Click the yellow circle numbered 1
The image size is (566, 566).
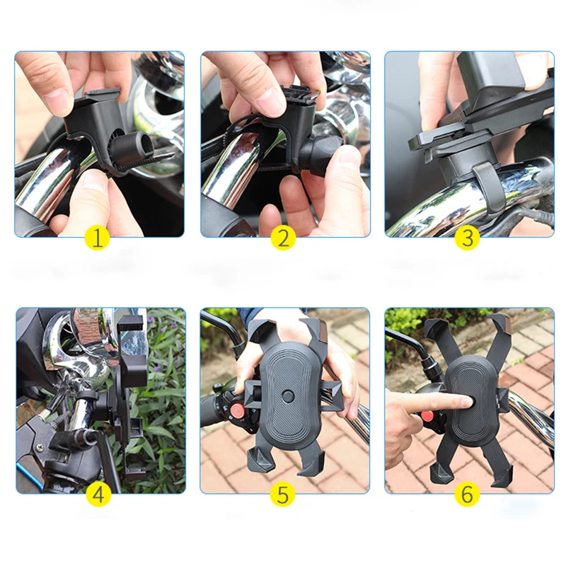pos(98,238)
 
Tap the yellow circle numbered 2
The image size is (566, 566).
pos(283,238)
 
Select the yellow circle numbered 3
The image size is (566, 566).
pos(466,238)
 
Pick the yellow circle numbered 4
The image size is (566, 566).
pos(98,494)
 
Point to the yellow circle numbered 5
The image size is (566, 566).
pos(283,494)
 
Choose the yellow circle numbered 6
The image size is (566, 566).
pos(466,494)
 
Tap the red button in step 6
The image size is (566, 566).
pos(427,417)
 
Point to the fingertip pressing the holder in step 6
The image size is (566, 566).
pos(463,403)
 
